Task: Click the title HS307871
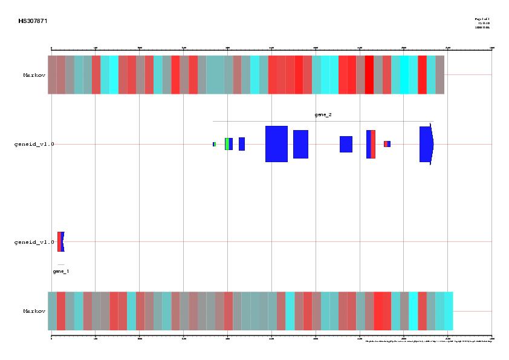[33, 21]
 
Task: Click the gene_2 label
[323, 114]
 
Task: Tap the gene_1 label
[60, 272]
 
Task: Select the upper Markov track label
[34, 75]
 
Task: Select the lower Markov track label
[34, 311]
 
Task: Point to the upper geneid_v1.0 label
[34, 144]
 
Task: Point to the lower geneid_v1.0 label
[34, 242]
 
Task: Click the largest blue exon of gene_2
[276, 144]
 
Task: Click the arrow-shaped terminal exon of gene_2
[426, 144]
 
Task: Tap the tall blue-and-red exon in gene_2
[371, 144]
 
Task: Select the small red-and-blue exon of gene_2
[387, 144]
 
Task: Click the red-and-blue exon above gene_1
[60, 241]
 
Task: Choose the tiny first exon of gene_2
[214, 144]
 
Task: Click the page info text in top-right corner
[482, 23]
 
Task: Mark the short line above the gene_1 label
[60, 265]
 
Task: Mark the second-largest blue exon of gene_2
[300, 144]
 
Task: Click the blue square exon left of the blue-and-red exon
[346, 144]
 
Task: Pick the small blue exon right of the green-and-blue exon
[242, 144]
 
